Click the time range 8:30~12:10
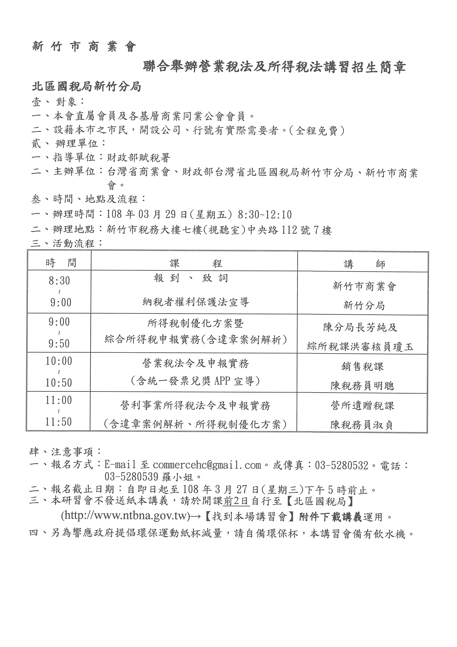(x=265, y=215)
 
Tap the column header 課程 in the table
(x=196, y=264)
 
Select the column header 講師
(x=364, y=264)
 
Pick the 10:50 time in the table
(x=59, y=383)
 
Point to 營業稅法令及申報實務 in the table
(x=196, y=363)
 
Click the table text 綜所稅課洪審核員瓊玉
(x=360, y=347)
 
